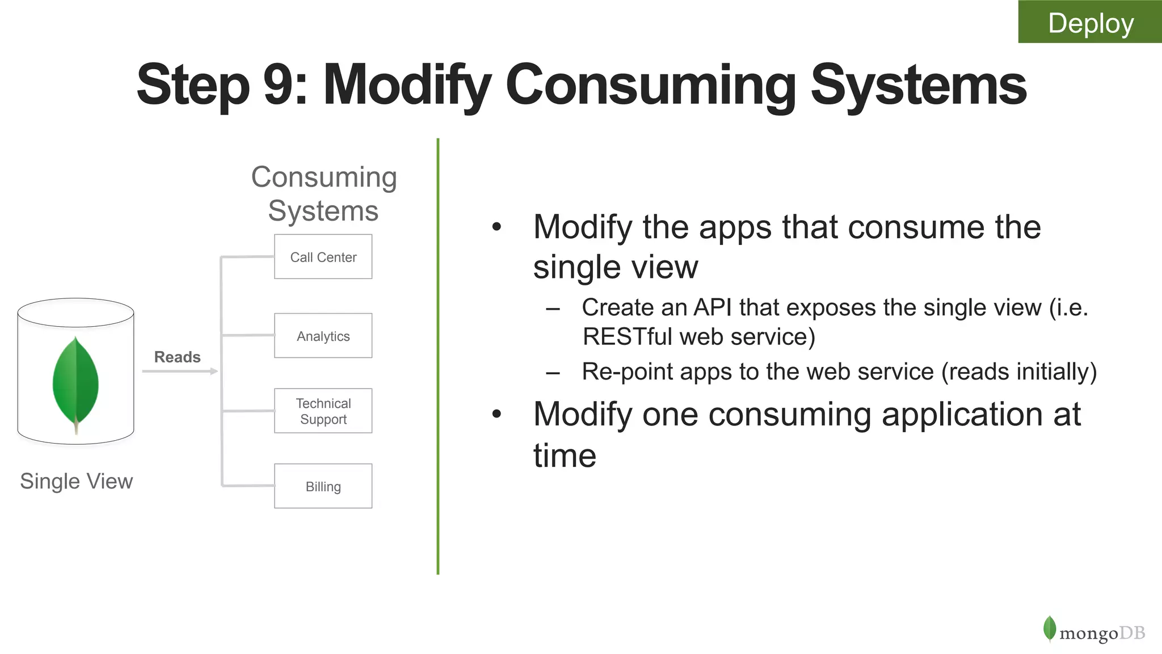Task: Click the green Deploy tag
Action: [1090, 22]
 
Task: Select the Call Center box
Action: [323, 257]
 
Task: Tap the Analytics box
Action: [323, 336]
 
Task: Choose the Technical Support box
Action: [323, 411]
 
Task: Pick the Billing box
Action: [323, 486]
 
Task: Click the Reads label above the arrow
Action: [177, 357]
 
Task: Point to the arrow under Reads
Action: [179, 372]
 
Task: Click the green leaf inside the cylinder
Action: [75, 383]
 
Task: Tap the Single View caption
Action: [76, 481]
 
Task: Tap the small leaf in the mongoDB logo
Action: [1050, 628]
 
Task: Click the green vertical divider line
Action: [438, 356]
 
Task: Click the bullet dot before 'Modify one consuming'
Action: [497, 414]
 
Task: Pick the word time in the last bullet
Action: [565, 455]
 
